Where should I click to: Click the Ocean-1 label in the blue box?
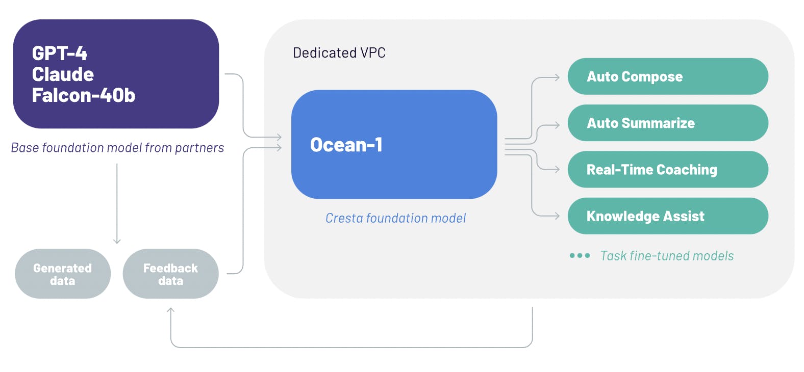[x=346, y=145]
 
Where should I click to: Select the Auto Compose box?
[x=667, y=76]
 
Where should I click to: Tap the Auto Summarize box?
[x=667, y=123]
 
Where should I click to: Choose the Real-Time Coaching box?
[x=667, y=170]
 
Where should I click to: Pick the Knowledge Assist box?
[x=667, y=216]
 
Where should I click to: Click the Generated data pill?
[x=63, y=274]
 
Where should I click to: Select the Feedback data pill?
[x=170, y=274]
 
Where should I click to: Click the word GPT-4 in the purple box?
[x=59, y=54]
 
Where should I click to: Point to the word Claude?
[x=63, y=74]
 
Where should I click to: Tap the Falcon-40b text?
[x=84, y=95]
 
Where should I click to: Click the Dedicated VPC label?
[x=339, y=53]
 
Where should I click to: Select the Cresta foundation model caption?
[x=395, y=218]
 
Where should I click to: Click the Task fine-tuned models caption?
[x=667, y=256]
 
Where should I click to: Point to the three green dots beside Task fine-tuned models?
[x=580, y=256]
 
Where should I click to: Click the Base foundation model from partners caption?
[x=117, y=148]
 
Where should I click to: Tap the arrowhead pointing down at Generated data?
[x=117, y=241]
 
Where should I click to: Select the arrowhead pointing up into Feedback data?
[x=171, y=310]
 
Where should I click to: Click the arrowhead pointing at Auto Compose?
[x=557, y=78]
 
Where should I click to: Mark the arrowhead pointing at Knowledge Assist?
[x=557, y=216]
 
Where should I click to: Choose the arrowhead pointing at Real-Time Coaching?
[x=557, y=169]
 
